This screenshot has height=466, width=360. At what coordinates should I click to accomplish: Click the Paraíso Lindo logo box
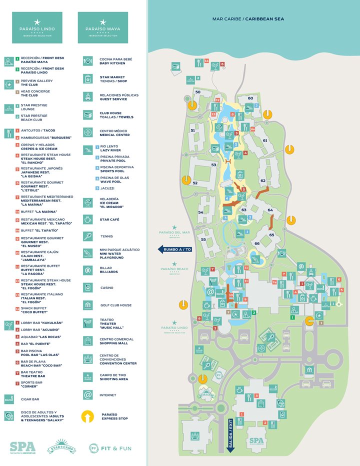coord(37,28)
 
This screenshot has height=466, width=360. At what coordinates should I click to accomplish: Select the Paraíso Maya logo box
coord(102,28)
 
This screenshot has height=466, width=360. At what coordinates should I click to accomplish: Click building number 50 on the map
coord(197,92)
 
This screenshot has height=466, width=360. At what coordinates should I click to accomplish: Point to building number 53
coord(213,164)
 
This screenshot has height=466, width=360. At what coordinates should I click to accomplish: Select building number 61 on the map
coord(265,140)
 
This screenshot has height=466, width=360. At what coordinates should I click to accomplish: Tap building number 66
coord(257,243)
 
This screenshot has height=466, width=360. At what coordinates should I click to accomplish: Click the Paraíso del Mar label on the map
coord(174,230)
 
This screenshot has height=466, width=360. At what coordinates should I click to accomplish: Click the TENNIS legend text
coord(106,236)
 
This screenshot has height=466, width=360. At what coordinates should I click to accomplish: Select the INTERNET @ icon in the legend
coord(88,395)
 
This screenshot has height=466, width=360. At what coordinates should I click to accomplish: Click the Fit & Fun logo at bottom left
coord(110,448)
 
